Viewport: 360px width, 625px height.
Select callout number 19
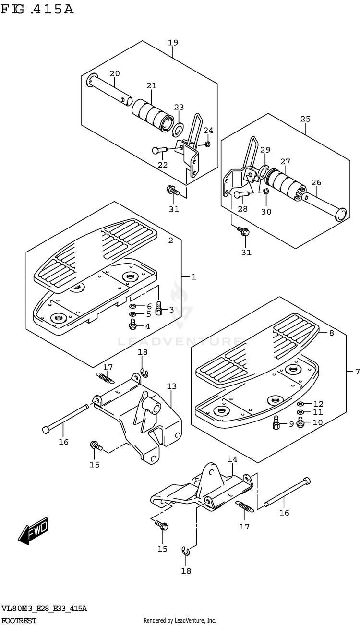173,43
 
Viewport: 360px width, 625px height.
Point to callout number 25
305,119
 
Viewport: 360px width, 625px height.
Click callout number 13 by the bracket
172,386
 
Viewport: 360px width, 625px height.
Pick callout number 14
232,459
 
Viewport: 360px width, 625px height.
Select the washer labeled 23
178,129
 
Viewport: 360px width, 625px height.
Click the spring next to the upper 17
106,378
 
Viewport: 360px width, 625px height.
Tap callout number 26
316,182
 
